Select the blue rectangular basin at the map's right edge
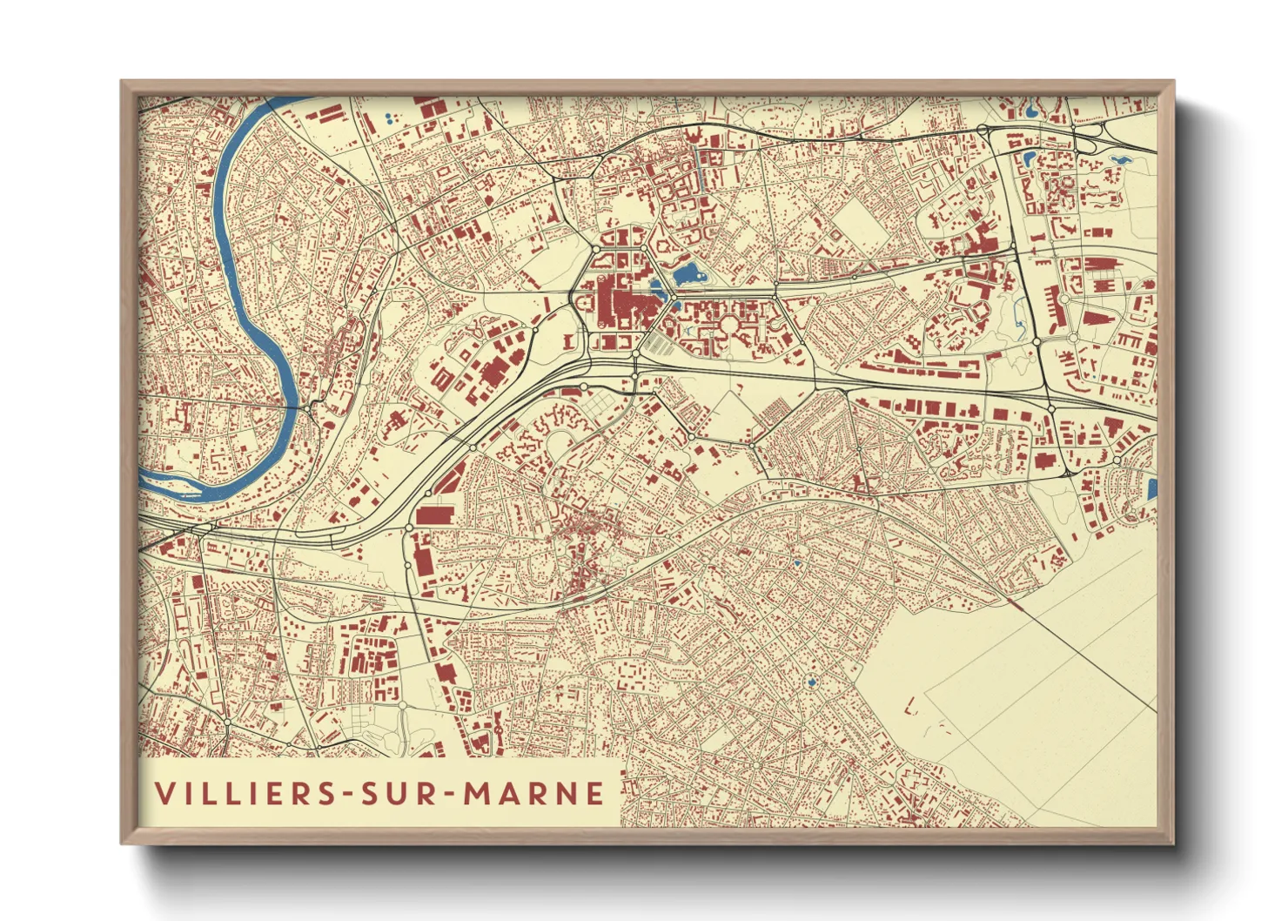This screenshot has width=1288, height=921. point(1152,489)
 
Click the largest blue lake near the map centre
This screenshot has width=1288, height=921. point(688,275)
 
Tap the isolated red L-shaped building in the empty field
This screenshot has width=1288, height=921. point(911,706)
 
